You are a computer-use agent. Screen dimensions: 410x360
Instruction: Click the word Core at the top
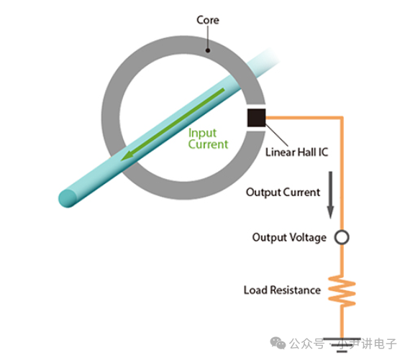(x=208, y=20)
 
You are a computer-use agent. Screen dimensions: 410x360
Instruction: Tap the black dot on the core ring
(x=208, y=50)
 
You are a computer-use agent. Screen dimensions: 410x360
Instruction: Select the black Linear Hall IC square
(x=257, y=118)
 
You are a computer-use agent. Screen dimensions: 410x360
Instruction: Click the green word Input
(x=202, y=133)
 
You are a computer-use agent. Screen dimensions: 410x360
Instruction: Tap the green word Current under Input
(x=208, y=144)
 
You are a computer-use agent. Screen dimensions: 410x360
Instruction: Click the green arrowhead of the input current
(x=128, y=156)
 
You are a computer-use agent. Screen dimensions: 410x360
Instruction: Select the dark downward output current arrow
(x=330, y=195)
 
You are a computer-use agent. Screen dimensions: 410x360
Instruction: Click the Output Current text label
(x=283, y=193)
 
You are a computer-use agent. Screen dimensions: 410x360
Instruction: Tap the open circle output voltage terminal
(x=342, y=237)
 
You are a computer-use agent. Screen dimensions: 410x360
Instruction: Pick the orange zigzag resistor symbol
(x=342, y=290)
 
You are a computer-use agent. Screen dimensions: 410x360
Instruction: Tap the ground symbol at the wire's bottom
(x=342, y=345)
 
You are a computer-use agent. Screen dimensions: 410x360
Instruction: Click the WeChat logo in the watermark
(x=278, y=343)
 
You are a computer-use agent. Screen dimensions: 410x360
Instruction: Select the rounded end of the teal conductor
(x=68, y=198)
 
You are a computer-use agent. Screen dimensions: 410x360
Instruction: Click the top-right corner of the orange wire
(x=342, y=118)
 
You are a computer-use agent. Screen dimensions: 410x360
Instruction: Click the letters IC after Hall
(x=323, y=152)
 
